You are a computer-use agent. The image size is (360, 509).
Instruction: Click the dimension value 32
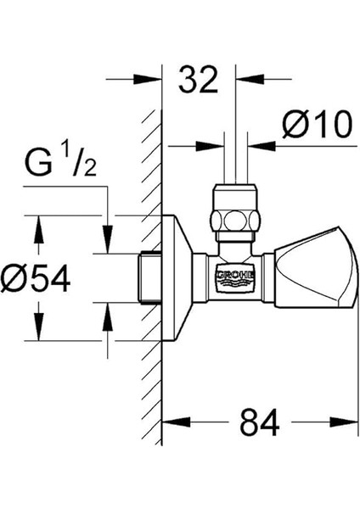click(199, 81)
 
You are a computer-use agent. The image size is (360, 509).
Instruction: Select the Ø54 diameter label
click(37, 277)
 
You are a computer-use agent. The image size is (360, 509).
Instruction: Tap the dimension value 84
click(259, 422)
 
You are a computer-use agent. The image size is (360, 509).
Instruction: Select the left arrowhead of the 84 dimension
click(170, 422)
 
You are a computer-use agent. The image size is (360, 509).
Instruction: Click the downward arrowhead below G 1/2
click(107, 245)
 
